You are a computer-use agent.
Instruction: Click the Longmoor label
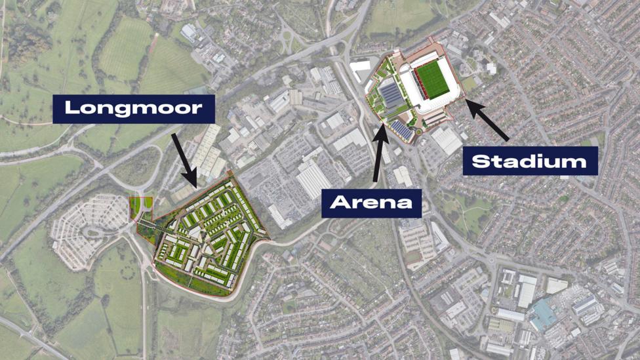pyautogui.click(x=134, y=108)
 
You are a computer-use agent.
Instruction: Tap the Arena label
pyautogui.click(x=371, y=202)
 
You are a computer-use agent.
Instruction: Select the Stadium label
pyautogui.click(x=530, y=161)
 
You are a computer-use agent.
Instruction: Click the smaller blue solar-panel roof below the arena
pyautogui.click(x=401, y=130)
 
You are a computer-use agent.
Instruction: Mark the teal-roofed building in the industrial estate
pyautogui.click(x=543, y=314)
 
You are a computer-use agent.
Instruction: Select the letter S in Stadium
pyautogui.click(x=479, y=161)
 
